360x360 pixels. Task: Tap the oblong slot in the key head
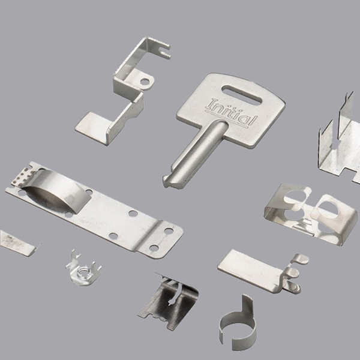242,95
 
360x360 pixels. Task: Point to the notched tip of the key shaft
169,181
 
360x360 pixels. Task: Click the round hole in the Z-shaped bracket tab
145,82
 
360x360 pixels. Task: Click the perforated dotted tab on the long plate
22,178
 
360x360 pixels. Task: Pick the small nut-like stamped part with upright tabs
83,270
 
